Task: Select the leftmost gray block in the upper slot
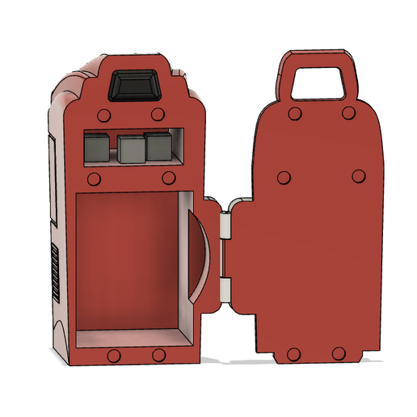[96, 147]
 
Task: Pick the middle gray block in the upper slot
[129, 149]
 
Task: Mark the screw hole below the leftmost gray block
[95, 178]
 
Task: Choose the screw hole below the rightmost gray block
[169, 178]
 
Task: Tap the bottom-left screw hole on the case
[114, 356]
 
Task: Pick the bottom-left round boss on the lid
[293, 354]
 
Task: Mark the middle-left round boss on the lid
[284, 177]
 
